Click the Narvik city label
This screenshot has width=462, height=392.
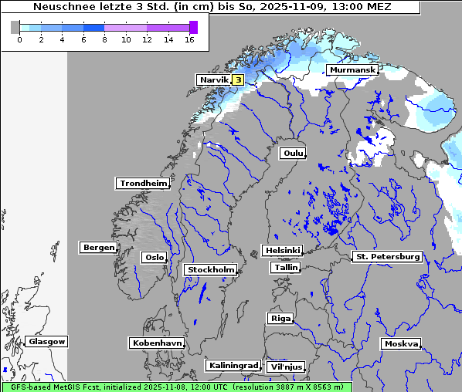point(214,79)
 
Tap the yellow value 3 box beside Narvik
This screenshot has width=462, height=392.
point(238,79)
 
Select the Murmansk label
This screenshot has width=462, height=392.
point(352,70)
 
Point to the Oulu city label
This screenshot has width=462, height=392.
point(293,153)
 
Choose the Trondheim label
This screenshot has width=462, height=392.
point(143,184)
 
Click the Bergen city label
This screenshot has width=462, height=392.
point(97,248)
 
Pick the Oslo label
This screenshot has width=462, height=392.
point(154,257)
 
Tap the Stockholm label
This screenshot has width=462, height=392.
point(210,269)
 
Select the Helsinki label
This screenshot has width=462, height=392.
point(282,251)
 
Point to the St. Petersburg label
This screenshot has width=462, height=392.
point(386,256)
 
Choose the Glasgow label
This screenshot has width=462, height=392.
point(46,341)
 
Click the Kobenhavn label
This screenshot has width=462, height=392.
point(157,343)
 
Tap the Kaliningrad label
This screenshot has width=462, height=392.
point(233,365)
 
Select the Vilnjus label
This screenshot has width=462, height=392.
point(285,367)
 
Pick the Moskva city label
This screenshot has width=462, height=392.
point(401,343)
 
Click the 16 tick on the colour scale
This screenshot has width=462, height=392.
point(189,39)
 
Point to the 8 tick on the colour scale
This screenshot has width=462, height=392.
point(104,39)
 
